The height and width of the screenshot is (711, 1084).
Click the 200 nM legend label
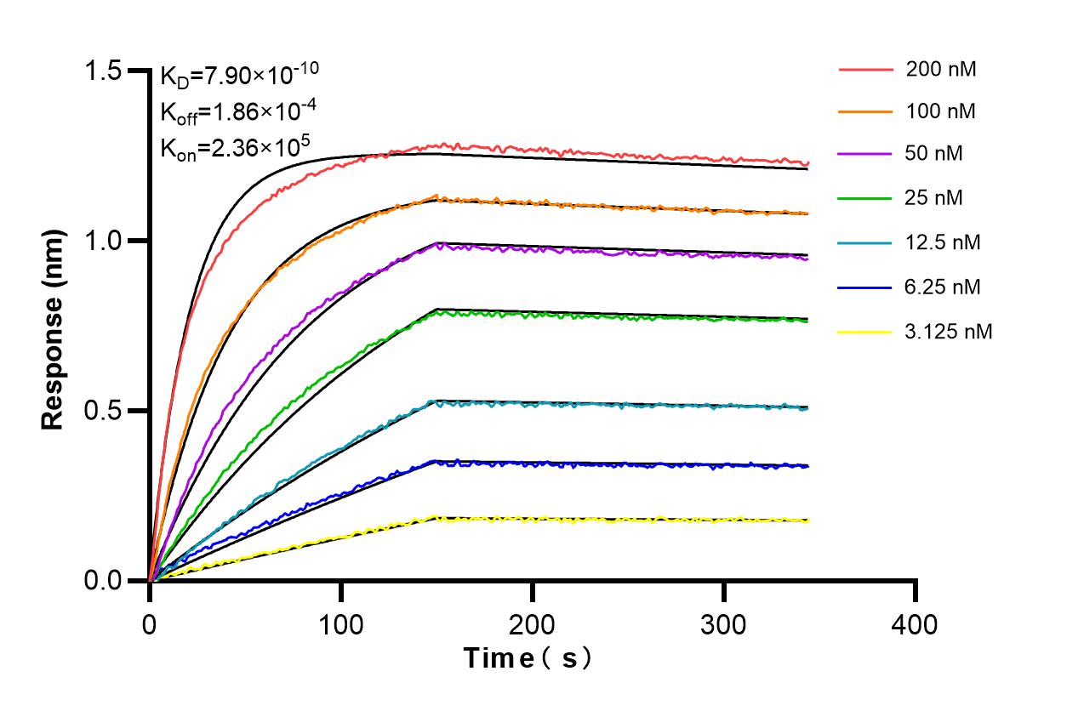tap(941, 70)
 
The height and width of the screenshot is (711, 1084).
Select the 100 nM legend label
tap(941, 111)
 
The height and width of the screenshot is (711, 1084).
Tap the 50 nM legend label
tap(937, 155)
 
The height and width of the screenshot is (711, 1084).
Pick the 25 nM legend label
tap(937, 198)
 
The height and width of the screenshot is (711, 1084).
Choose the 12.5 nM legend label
tap(944, 242)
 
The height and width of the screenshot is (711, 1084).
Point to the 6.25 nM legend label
tap(944, 287)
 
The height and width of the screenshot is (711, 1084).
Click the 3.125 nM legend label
tap(949, 332)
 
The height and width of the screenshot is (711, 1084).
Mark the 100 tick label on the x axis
tap(340, 624)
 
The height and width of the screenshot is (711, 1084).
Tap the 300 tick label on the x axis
tap(723, 624)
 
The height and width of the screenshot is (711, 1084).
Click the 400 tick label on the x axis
tap(915, 624)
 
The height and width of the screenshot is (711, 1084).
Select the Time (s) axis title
tap(527, 657)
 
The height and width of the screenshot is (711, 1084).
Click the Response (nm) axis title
tap(54, 326)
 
